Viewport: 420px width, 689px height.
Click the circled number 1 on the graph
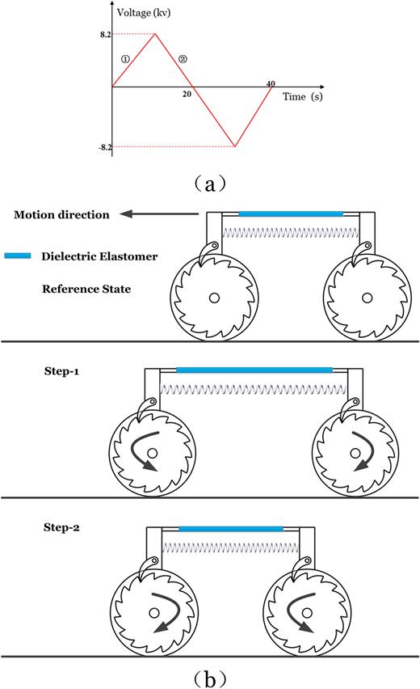[x=125, y=58]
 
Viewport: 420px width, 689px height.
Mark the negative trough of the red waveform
[x=234, y=146]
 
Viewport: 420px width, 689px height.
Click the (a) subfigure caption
[x=210, y=184]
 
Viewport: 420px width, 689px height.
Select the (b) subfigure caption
[x=209, y=674]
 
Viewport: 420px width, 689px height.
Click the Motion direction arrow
[x=157, y=214]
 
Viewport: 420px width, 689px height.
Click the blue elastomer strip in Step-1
[x=254, y=370]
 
